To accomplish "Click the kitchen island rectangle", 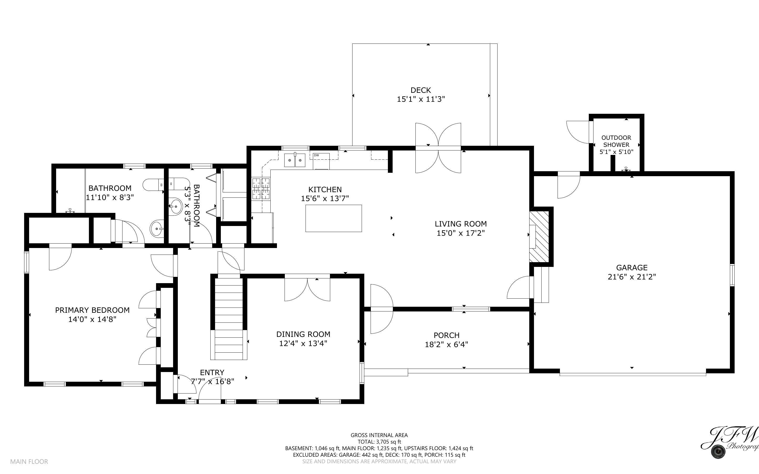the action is [334, 218].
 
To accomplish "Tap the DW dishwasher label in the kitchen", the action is [316, 155].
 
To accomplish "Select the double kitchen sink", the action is [295, 160].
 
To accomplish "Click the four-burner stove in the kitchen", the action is [261, 189].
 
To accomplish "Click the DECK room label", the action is [421, 90].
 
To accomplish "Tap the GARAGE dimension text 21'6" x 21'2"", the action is [632, 277].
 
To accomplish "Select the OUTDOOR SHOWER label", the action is [616, 141].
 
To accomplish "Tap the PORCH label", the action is [446, 335].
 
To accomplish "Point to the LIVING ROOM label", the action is [461, 224].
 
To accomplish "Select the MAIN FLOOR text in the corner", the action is [29, 461].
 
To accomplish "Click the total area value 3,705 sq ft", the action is [389, 442].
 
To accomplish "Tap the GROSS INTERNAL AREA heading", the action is [379, 435].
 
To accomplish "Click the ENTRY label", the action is [212, 373].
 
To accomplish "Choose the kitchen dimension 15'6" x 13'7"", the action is [325, 198].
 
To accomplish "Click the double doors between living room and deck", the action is [438, 148].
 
